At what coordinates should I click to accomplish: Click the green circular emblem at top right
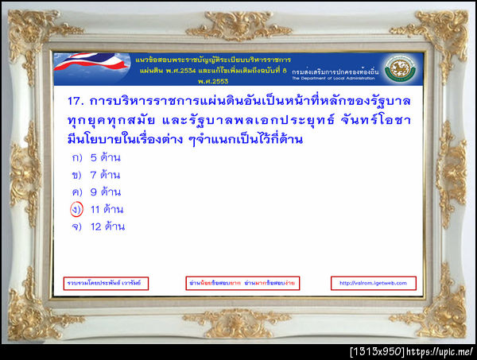point(400,69)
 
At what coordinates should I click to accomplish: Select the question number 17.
point(72,102)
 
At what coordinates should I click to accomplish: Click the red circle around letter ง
point(77,209)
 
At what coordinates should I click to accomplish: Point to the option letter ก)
point(77,157)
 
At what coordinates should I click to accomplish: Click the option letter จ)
point(77,226)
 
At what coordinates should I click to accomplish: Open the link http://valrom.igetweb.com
point(373,283)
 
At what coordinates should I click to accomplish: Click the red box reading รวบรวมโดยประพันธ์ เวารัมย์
point(106,283)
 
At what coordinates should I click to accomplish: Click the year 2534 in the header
point(189,70)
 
